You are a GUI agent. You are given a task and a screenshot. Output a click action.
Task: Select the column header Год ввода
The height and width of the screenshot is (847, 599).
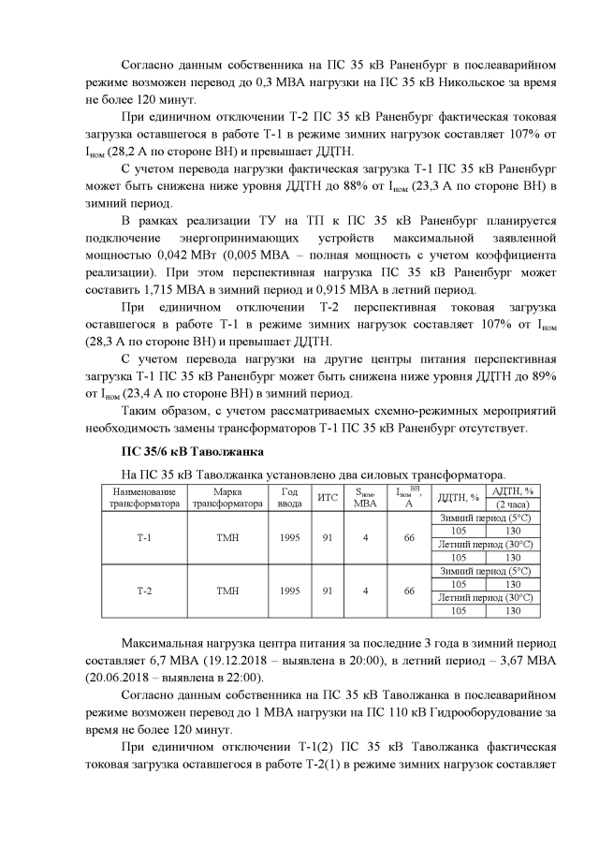[x=290, y=496]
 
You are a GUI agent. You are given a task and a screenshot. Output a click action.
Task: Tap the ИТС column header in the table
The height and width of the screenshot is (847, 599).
[x=328, y=496]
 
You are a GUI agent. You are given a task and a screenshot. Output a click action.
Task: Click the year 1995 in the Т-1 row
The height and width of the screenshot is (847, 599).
[x=290, y=538]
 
